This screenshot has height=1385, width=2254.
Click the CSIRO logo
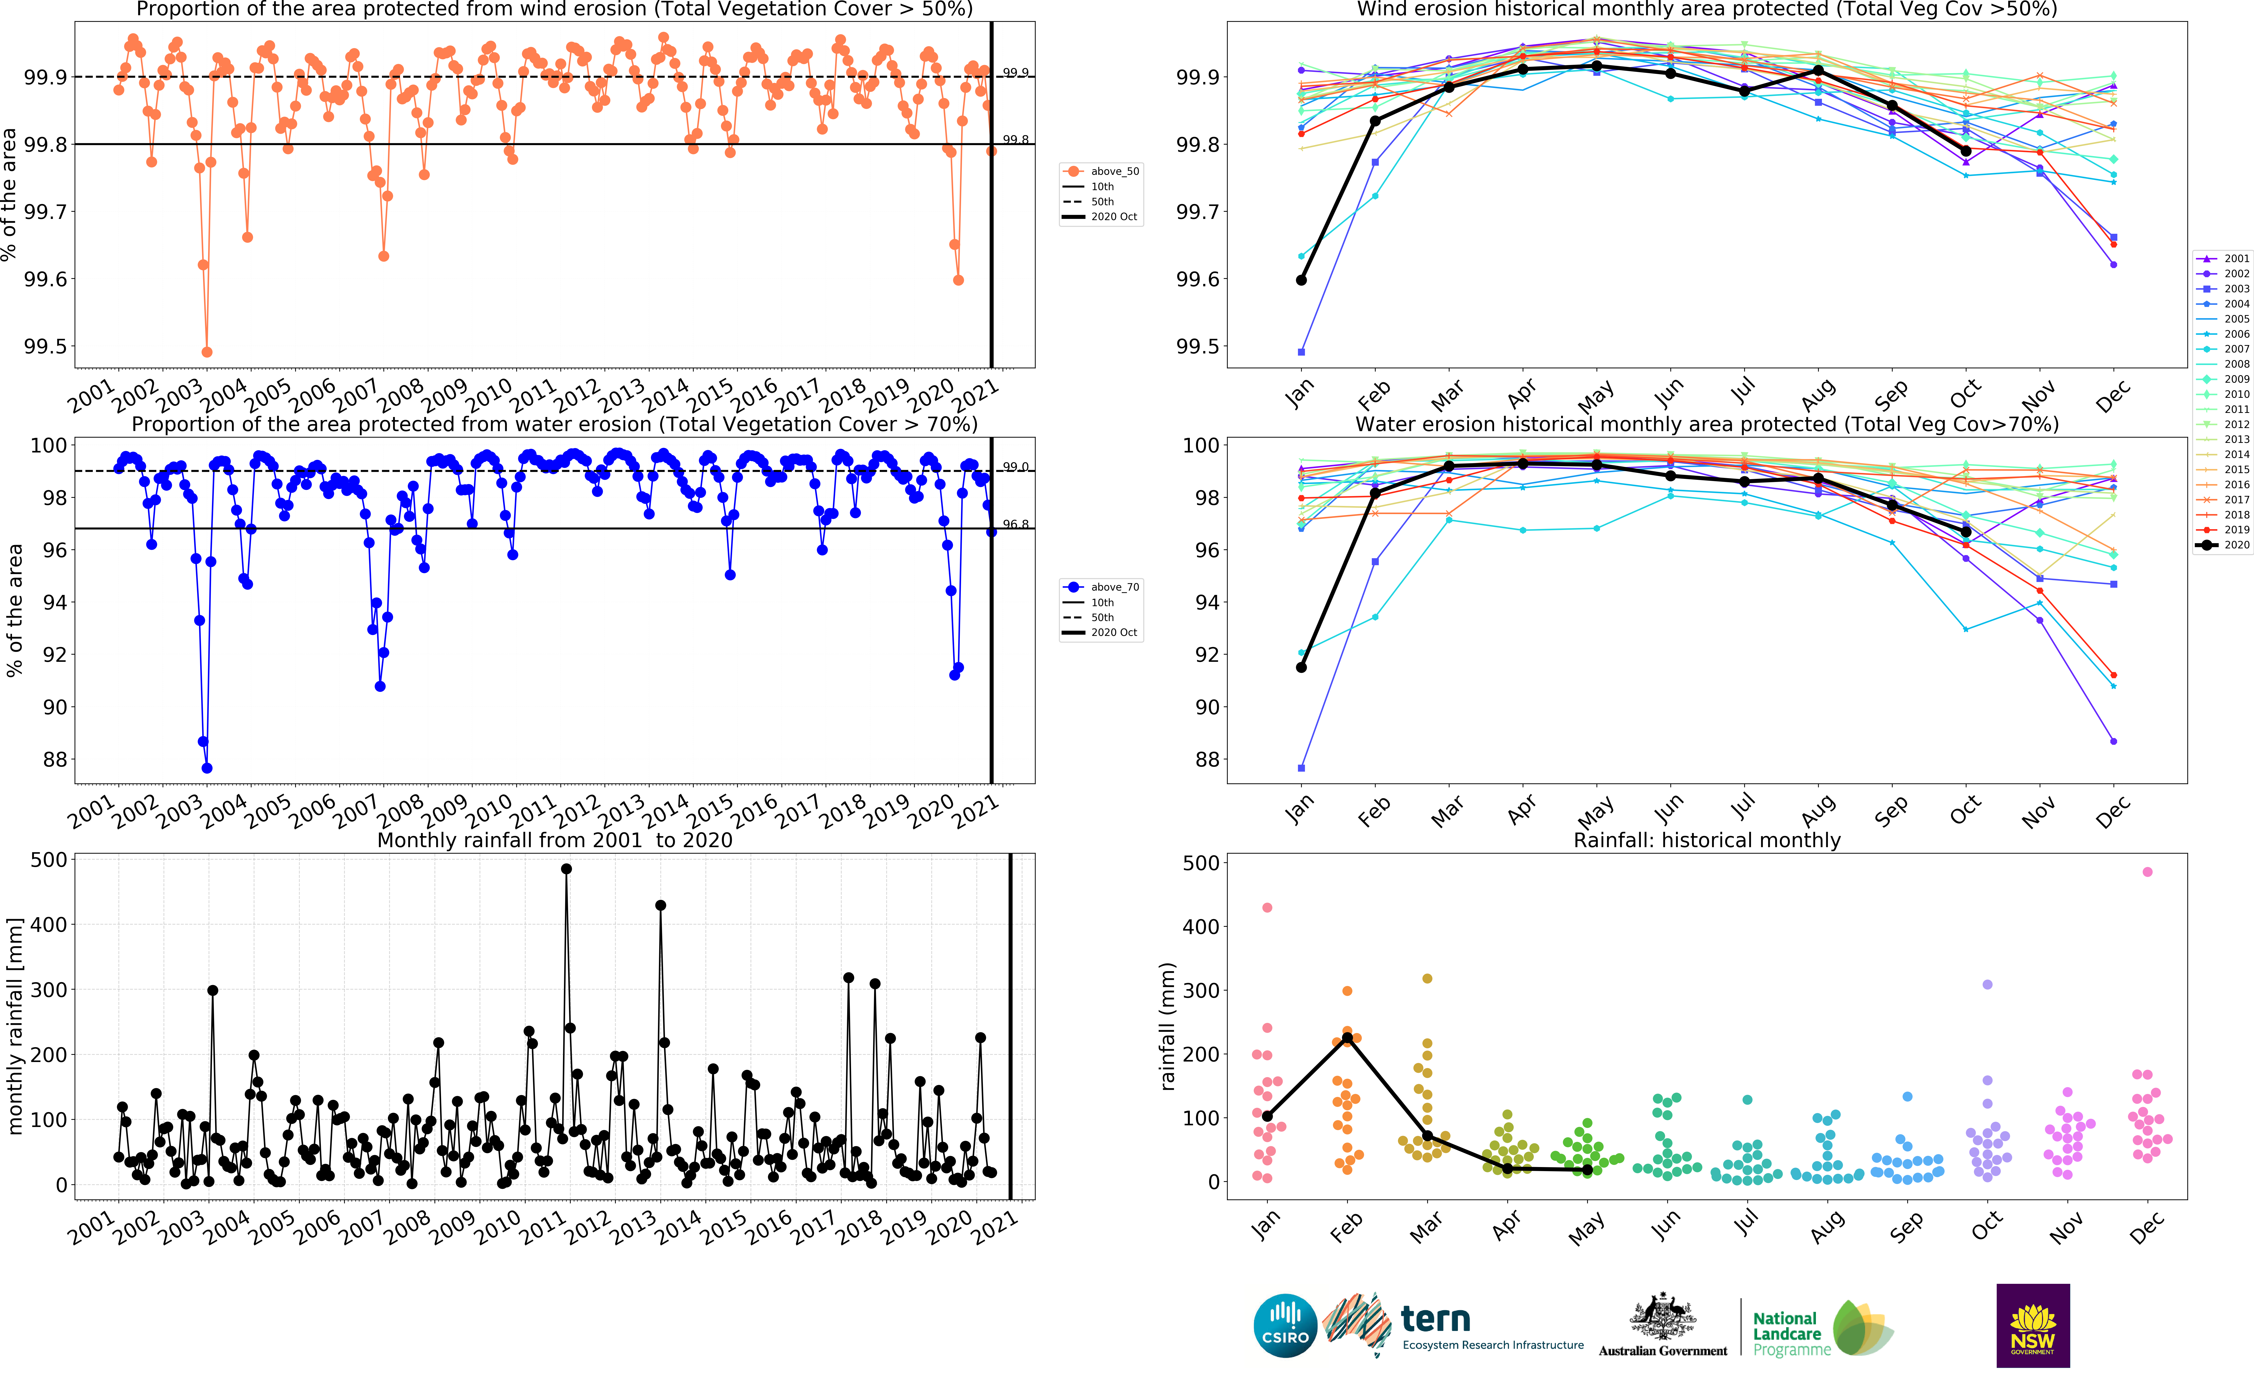[x=1285, y=1326]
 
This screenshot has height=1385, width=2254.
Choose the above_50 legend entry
[x=1102, y=171]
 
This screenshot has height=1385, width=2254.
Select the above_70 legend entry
[x=1102, y=587]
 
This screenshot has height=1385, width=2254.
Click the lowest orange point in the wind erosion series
[x=207, y=352]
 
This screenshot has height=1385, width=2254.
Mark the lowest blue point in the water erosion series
[x=207, y=768]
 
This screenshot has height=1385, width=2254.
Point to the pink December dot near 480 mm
[x=2148, y=872]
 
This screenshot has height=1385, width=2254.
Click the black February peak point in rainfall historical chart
[x=1347, y=1038]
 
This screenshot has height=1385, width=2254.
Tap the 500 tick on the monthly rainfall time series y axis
[x=48, y=860]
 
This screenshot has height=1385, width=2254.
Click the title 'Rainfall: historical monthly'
[x=1706, y=840]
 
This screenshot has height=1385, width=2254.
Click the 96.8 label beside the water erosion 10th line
[x=1015, y=524]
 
